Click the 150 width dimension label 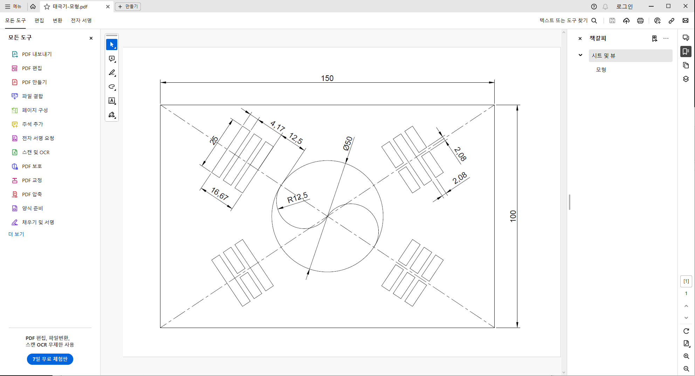(x=327, y=78)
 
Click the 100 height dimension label (x=513, y=216)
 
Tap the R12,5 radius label (x=297, y=198)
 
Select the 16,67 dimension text (x=220, y=193)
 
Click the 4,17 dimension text (x=277, y=126)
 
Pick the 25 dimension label (x=214, y=141)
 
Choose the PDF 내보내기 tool (x=37, y=54)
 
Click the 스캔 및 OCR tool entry (x=36, y=152)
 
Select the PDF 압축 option (x=32, y=194)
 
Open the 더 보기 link (x=16, y=234)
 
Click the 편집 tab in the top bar (x=39, y=21)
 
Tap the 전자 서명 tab (x=81, y=21)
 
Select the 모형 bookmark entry (x=601, y=70)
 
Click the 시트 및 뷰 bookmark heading (x=604, y=56)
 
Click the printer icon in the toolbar (x=640, y=21)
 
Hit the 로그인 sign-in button (x=625, y=7)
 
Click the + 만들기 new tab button (x=128, y=7)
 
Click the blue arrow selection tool (x=112, y=45)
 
